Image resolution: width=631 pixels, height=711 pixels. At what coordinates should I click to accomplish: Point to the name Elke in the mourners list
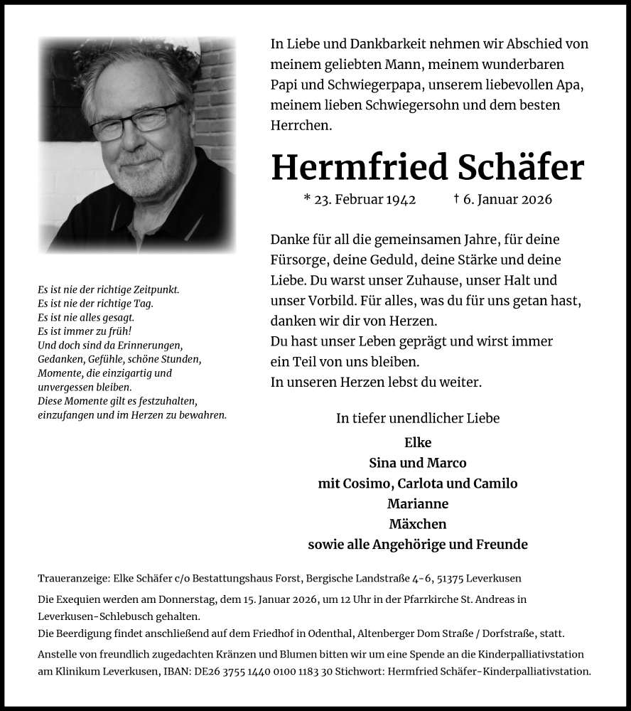pyautogui.click(x=417, y=442)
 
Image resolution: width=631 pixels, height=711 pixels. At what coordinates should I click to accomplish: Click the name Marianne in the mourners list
pyautogui.click(x=417, y=503)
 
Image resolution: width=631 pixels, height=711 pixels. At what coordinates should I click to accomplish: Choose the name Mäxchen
pyautogui.click(x=417, y=524)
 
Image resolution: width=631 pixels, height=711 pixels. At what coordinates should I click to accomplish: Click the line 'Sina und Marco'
pyautogui.click(x=417, y=463)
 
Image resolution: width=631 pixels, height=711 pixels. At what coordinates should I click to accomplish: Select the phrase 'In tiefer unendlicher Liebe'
pyautogui.click(x=417, y=418)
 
